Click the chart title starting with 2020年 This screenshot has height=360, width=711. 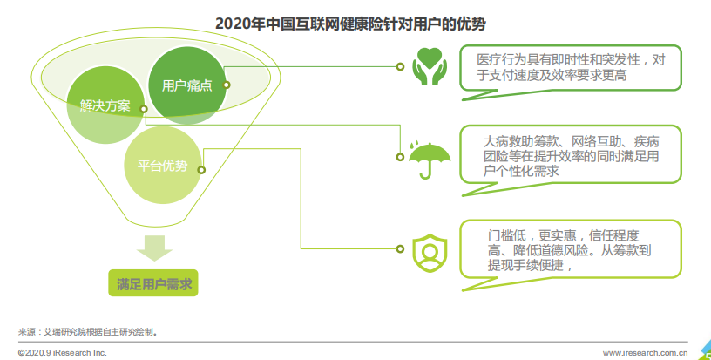point(350,24)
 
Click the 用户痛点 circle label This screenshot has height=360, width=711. point(186,85)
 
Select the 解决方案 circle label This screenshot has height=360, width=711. point(105,105)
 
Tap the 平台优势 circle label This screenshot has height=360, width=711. point(162,166)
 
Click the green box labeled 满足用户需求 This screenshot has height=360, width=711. point(153,283)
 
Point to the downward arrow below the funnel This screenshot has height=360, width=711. point(154,248)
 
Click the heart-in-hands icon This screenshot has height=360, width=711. point(430,66)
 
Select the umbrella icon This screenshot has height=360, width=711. point(430,160)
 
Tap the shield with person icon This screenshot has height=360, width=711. point(430,253)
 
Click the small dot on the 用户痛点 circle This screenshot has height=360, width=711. point(227,85)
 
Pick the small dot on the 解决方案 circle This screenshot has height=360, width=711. point(144,109)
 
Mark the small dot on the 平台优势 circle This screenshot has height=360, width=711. point(201,170)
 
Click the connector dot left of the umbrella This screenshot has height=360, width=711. point(400,157)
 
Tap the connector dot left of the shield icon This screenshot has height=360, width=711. point(400,249)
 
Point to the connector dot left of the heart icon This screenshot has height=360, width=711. point(400,66)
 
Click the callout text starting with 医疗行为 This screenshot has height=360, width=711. point(571,67)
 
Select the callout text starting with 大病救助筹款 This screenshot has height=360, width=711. point(571,156)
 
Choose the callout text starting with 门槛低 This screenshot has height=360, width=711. point(570,250)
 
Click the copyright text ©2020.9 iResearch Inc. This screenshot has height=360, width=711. point(63,353)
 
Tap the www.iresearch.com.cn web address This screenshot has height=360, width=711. point(645,353)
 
